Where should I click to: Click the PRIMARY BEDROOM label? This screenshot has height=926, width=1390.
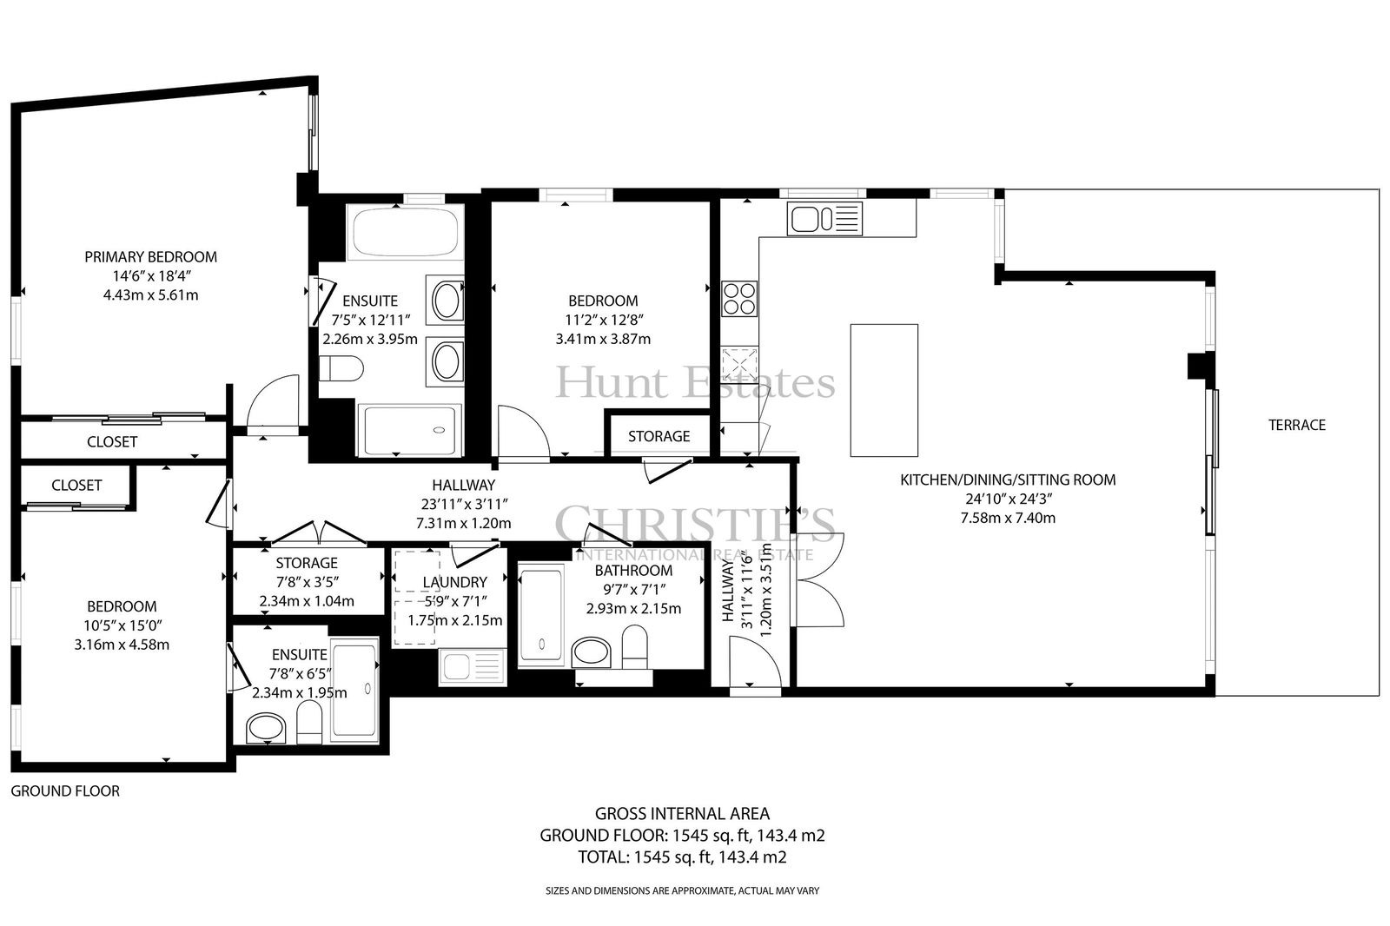(151, 257)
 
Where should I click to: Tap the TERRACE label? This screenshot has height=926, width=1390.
(1297, 425)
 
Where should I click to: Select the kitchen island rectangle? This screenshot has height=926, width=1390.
(884, 390)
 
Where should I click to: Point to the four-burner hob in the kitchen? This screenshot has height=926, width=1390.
(739, 299)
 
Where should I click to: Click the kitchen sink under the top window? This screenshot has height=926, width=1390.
(824, 218)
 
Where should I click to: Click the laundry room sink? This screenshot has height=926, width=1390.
(473, 666)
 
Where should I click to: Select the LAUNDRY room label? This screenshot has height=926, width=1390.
(455, 582)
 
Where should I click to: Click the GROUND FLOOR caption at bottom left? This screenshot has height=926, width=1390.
(65, 791)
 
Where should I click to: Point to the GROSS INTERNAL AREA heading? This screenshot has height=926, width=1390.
(682, 814)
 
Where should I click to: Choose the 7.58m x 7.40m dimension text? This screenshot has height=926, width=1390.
(1008, 519)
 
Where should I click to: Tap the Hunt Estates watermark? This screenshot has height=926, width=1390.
(695, 382)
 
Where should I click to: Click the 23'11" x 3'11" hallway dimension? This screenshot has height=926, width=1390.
(464, 504)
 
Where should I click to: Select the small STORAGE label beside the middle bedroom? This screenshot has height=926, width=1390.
(659, 436)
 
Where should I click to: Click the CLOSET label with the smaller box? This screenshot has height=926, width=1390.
(76, 486)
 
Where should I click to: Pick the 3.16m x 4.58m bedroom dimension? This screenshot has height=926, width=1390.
(122, 645)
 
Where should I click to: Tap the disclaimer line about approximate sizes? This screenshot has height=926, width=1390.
(682, 890)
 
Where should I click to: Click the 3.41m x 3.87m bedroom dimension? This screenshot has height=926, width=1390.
(603, 340)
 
